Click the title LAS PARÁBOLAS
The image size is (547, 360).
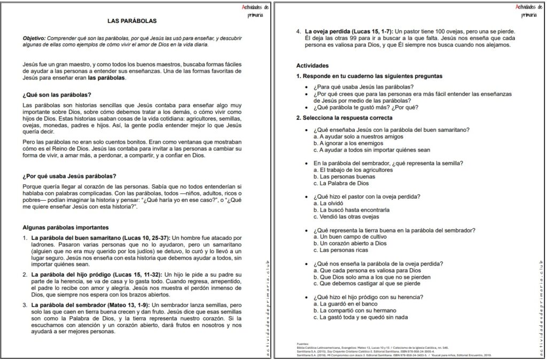tap(132, 21)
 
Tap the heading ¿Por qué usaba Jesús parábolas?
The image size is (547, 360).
tap(70, 176)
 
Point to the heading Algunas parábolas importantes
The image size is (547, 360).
tap(66, 227)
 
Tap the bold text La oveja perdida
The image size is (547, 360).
tap(332, 32)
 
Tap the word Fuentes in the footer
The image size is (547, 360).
tap(303, 343)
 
